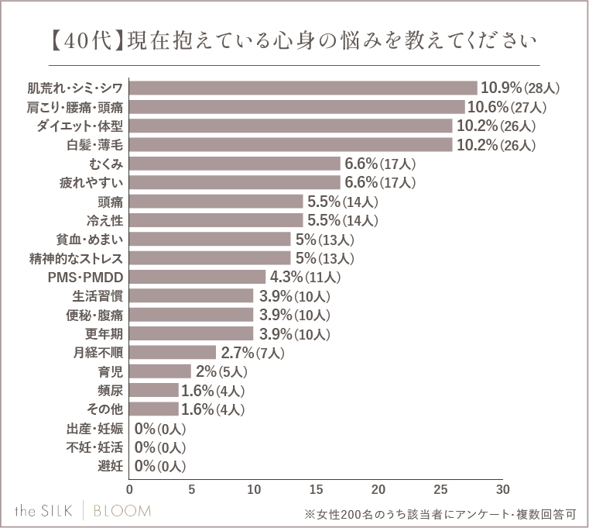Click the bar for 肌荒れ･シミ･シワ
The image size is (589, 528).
click(x=303, y=88)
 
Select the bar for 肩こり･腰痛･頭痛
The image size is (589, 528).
click(x=297, y=107)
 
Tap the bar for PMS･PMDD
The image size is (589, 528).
click(x=197, y=277)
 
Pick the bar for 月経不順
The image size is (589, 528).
click(x=173, y=353)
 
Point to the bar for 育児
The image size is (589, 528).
click(x=160, y=371)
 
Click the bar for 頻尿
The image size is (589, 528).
click(x=154, y=390)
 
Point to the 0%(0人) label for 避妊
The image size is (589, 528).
click(x=160, y=466)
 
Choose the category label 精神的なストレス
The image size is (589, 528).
click(x=77, y=258)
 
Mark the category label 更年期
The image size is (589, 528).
click(x=104, y=333)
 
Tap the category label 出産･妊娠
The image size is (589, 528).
click(x=95, y=428)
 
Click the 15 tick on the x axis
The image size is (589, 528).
click(x=316, y=490)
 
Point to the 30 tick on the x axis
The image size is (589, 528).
click(x=502, y=490)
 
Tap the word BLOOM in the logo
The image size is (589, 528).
click(x=122, y=510)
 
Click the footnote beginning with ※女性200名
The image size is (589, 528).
click(x=440, y=513)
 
